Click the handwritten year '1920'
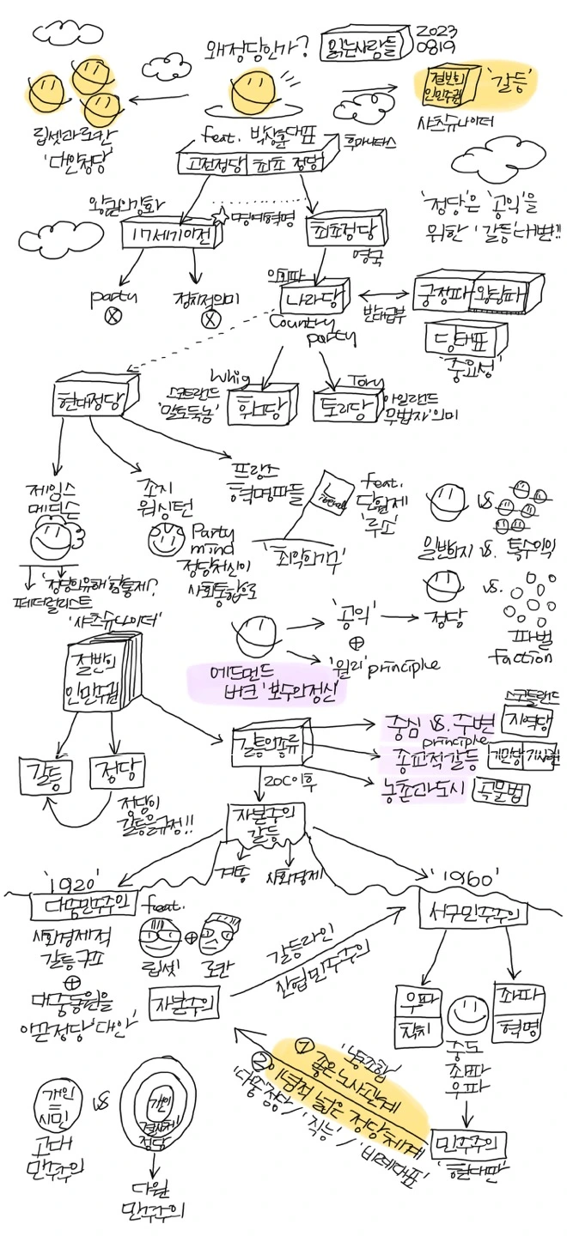point(72,881)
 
